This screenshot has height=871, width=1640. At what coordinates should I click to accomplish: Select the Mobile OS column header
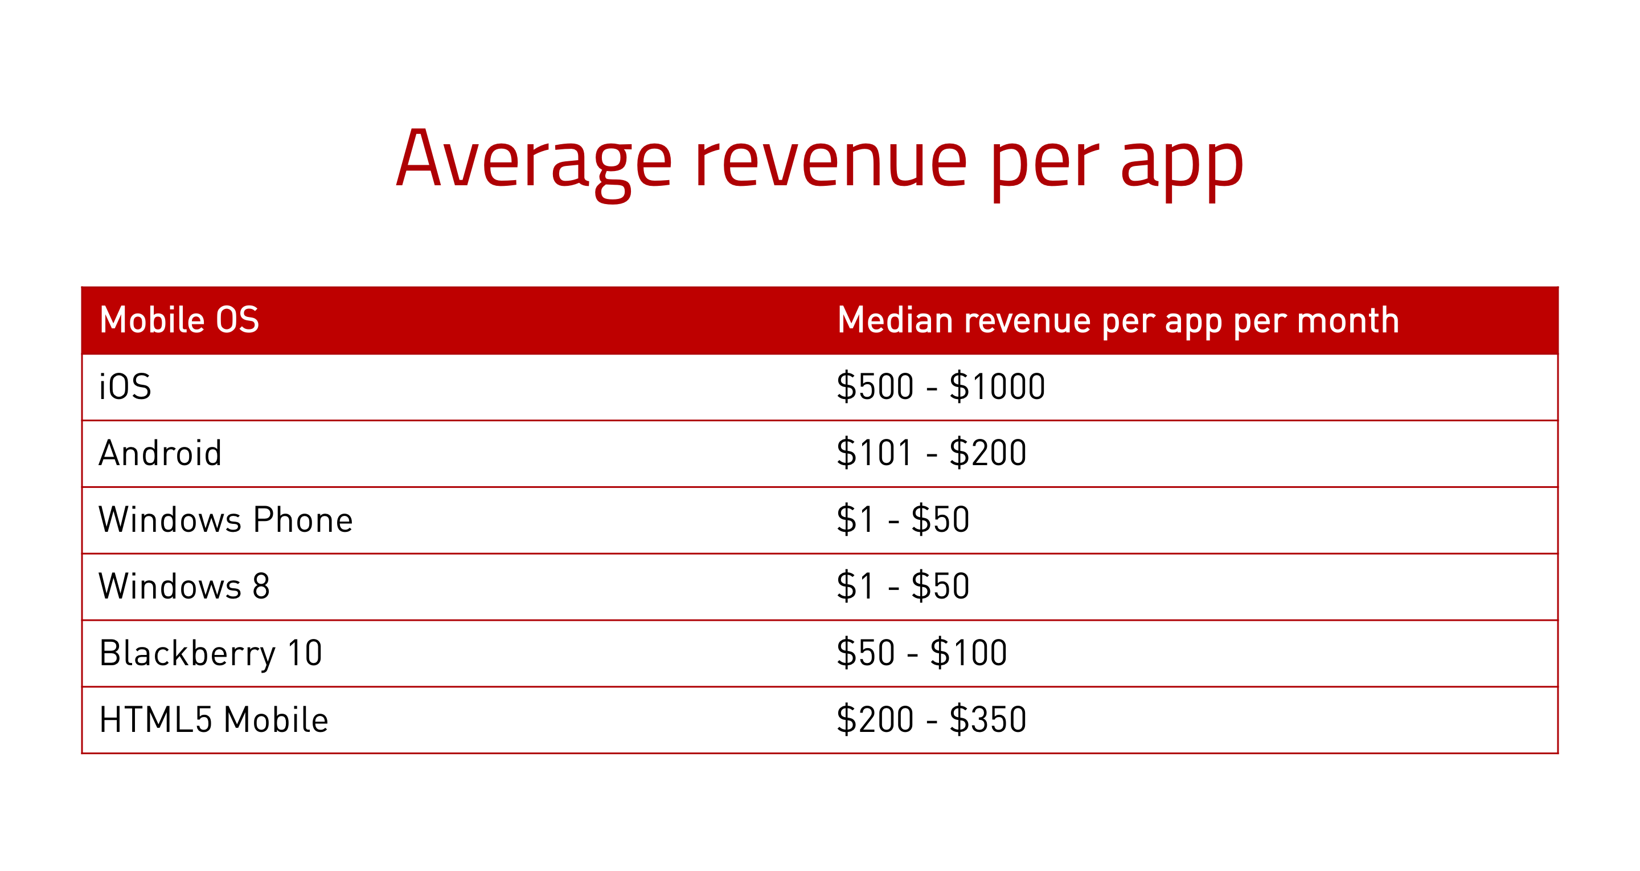pos(179,320)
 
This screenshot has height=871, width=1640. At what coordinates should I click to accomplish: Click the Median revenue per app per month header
pos(1118,321)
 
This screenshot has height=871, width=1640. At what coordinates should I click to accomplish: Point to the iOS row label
pos(125,386)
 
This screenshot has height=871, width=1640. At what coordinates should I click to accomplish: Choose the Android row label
pos(161,453)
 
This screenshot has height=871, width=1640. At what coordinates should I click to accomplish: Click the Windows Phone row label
pos(226,520)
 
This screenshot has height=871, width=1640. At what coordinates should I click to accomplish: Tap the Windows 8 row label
pos(184,586)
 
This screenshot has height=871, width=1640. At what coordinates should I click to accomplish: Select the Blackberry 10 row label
pos(211,653)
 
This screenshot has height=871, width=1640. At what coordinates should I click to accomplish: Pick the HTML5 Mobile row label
pos(214,720)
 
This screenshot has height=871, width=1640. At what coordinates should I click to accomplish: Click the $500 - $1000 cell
pos(941,386)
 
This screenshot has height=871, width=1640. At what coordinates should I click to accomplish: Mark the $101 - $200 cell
pos(932,453)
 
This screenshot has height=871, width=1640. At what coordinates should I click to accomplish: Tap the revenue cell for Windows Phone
pos(903,520)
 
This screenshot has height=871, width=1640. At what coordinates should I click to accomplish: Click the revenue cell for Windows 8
pos(903,586)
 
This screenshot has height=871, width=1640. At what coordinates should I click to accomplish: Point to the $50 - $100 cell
pos(922,653)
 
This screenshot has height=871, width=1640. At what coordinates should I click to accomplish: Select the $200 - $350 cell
pos(932,720)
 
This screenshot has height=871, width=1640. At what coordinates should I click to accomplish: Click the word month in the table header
pos(1348,320)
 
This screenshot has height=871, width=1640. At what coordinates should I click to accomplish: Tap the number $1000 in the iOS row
pos(998,386)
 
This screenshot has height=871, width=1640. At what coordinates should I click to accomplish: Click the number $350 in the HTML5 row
pos(988,720)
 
